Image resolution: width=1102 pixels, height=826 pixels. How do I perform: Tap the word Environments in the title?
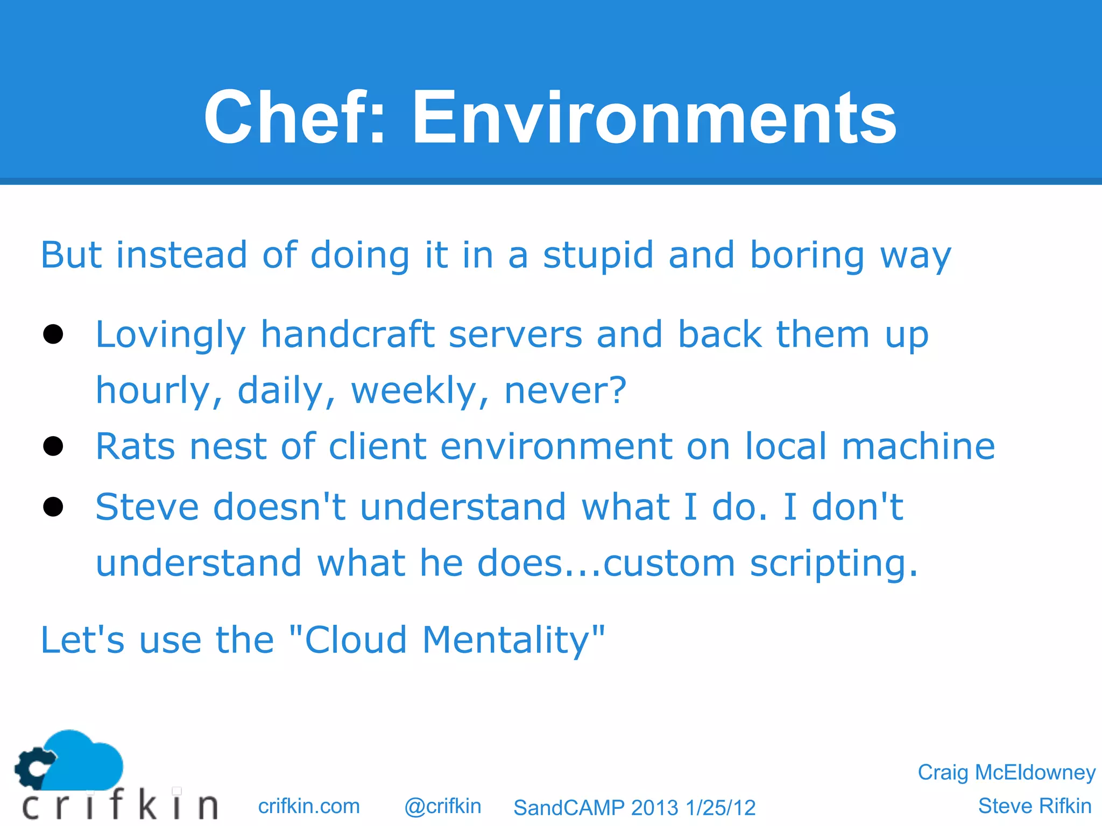pyautogui.click(x=654, y=117)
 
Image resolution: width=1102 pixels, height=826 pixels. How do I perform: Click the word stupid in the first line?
pyautogui.click(x=598, y=255)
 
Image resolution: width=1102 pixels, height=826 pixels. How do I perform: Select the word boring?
pyautogui.click(x=807, y=256)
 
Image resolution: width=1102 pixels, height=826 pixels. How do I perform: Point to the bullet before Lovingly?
pyautogui.click(x=53, y=334)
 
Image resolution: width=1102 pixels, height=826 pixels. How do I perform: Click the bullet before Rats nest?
pyautogui.click(x=53, y=446)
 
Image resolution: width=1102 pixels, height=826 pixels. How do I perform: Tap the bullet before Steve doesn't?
pyautogui.click(x=53, y=507)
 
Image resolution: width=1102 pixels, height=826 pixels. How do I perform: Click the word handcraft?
pyautogui.click(x=348, y=334)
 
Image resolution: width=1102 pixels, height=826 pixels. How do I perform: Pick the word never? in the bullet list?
pyautogui.click(x=566, y=390)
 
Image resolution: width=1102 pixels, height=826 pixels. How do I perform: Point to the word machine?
pyautogui.click(x=918, y=446)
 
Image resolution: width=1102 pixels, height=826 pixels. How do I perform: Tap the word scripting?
pyautogui.click(x=833, y=564)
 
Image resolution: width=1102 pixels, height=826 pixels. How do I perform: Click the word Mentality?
pyautogui.click(x=506, y=640)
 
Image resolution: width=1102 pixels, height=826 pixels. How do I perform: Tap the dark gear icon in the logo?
pyautogui.click(x=33, y=766)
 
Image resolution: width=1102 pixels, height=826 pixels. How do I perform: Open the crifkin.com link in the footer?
pyautogui.click(x=309, y=806)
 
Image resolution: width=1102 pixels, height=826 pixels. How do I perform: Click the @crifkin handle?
pyautogui.click(x=442, y=806)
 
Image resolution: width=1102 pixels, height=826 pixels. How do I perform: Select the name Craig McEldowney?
pyautogui.click(x=1006, y=772)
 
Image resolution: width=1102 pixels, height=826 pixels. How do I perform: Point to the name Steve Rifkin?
pyautogui.click(x=1034, y=806)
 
